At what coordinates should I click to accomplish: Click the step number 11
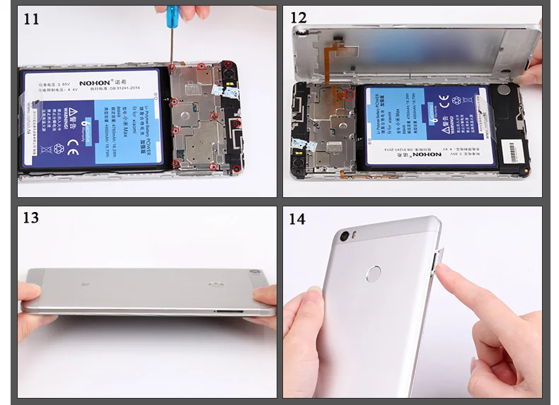click(31, 18)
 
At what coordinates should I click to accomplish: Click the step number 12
click(298, 18)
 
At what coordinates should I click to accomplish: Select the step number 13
click(31, 218)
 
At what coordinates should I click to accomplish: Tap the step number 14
click(297, 218)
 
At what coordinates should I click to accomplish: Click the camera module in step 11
click(229, 69)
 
